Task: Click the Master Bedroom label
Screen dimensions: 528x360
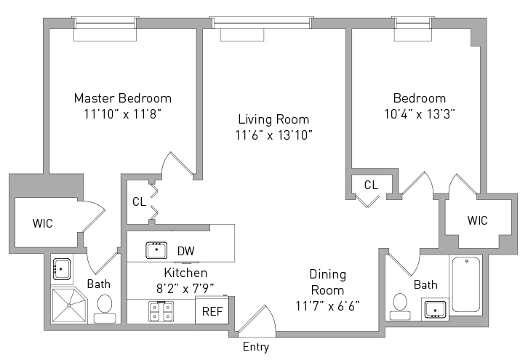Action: (x=123, y=97)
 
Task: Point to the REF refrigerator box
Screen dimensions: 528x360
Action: (x=212, y=311)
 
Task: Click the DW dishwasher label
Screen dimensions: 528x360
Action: (x=186, y=251)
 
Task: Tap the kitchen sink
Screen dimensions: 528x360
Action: (x=156, y=250)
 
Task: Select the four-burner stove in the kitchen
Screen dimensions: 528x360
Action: (x=161, y=312)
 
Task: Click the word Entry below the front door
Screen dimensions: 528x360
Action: (x=255, y=347)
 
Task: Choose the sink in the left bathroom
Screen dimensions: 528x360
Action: (x=61, y=270)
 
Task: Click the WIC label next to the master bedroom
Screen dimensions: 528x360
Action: (x=43, y=223)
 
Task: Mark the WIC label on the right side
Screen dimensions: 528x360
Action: (x=477, y=220)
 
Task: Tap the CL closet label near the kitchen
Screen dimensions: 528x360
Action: (x=139, y=201)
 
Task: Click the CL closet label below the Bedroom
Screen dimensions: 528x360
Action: (x=371, y=185)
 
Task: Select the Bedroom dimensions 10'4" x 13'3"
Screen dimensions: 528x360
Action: (x=420, y=113)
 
